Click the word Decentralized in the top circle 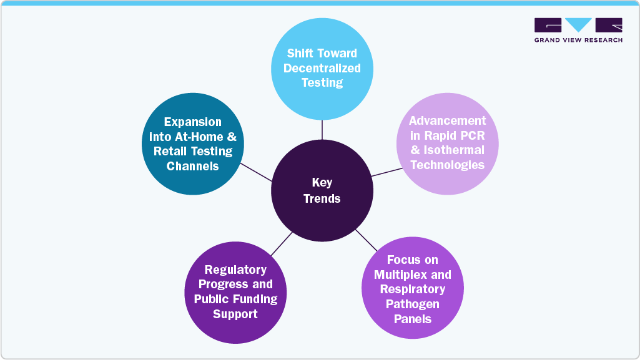[322, 68]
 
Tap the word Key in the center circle [322, 183]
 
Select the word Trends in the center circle [322, 198]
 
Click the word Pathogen [413, 304]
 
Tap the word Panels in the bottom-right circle [413, 319]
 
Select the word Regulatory [235, 270]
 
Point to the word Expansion [193, 122]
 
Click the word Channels [193, 166]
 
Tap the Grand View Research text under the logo [578, 40]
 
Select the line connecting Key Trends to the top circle [322, 130]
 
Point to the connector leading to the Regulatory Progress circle [282, 244]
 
